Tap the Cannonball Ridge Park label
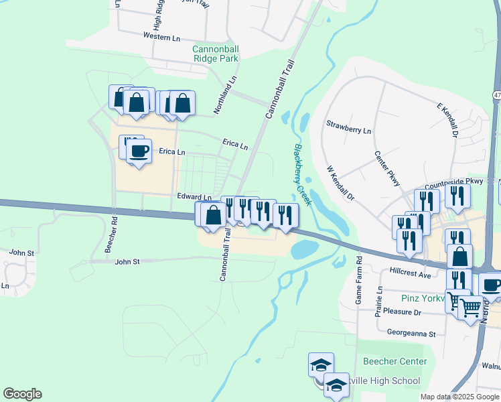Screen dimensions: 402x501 pyautogui.click(x=216, y=54)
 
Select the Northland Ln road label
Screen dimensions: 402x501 pyautogui.click(x=225, y=94)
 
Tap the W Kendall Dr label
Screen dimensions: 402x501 pyautogui.click(x=340, y=183)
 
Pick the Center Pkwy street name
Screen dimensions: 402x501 pyautogui.click(x=387, y=168)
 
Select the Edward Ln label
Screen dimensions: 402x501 pyautogui.click(x=194, y=197)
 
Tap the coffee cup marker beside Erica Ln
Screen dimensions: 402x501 pyautogui.click(x=139, y=151)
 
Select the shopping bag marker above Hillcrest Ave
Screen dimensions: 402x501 pyautogui.click(x=459, y=256)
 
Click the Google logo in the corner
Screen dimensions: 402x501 pyautogui.click(x=23, y=394)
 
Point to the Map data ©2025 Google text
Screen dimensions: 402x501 pyautogui.click(x=459, y=397)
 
